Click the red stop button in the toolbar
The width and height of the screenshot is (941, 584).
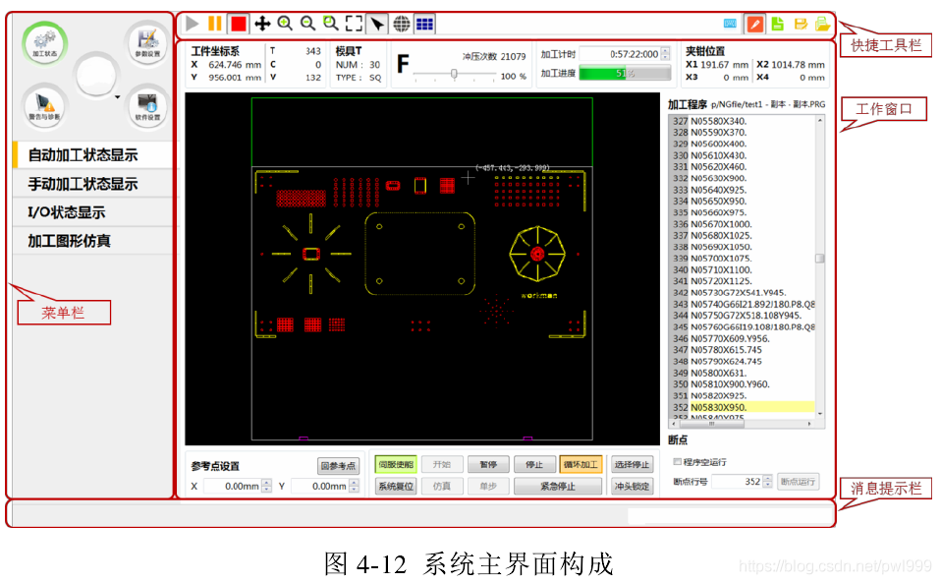coord(239,23)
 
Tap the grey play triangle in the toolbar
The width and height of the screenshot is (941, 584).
coord(192,23)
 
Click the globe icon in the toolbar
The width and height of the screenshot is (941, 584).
coord(401,24)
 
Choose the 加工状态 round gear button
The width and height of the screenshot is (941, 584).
coord(42,42)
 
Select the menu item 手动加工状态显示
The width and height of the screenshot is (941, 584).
coord(83,184)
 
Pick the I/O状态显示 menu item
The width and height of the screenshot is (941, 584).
coord(67,212)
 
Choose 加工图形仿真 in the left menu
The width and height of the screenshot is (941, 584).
coord(70,241)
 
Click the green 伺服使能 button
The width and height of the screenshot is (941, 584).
coord(396,465)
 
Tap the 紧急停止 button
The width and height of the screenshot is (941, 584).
coord(557,487)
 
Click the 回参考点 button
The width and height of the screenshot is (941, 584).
coord(338,466)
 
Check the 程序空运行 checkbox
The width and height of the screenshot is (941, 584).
coord(677,461)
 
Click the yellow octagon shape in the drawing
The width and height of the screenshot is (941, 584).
coord(536,254)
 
